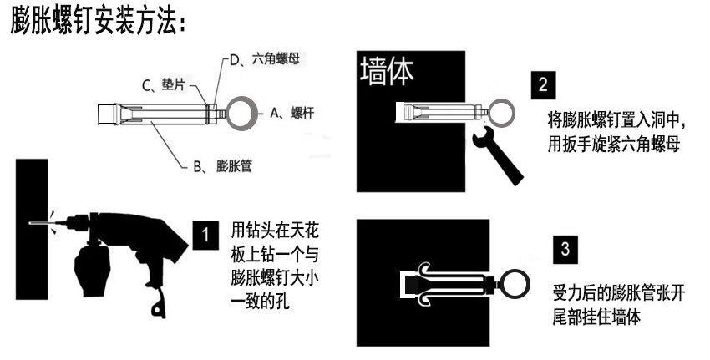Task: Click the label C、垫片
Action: pyautogui.click(x=162, y=84)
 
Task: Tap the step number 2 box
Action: pyautogui.click(x=543, y=85)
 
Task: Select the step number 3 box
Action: pyautogui.click(x=565, y=249)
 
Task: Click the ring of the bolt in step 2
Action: pyautogui.click(x=503, y=112)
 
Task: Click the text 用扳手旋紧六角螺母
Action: pyautogui.click(x=612, y=143)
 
